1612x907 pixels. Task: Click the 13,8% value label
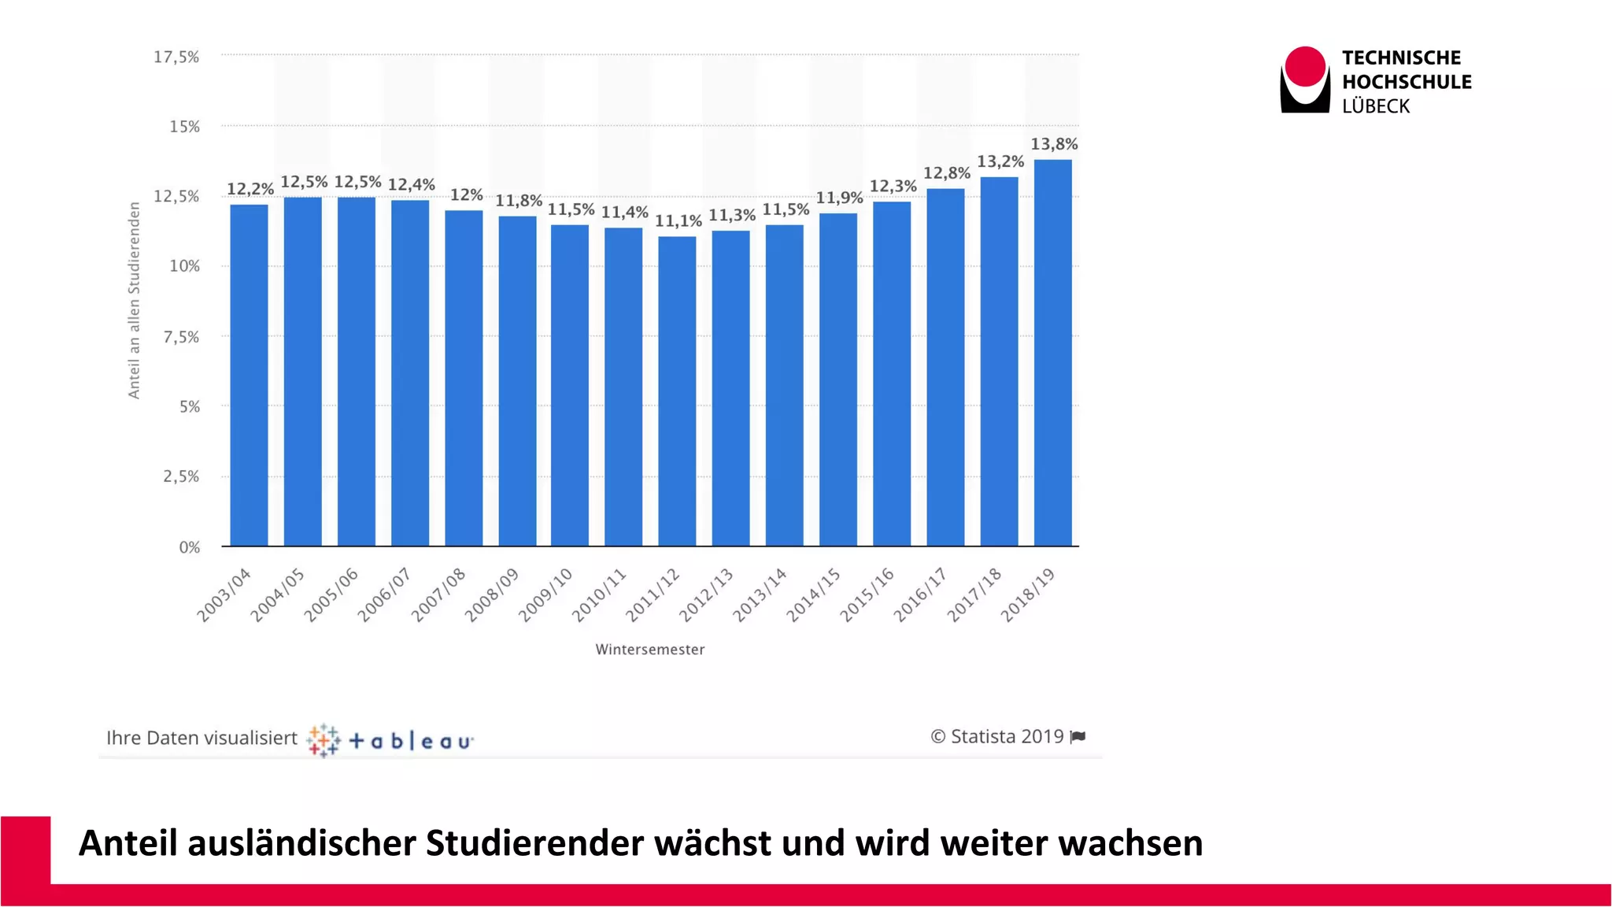[1054, 144]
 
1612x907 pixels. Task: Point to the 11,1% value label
[678, 221]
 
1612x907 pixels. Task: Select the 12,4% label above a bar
[411, 185]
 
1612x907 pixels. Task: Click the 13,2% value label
[1000, 162]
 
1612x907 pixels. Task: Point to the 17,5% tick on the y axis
[176, 57]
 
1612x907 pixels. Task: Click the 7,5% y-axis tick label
[181, 337]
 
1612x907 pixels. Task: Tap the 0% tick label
[189, 547]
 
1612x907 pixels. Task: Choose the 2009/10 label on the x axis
[545, 595]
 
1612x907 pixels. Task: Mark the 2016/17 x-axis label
[920, 595]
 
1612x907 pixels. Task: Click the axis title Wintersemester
[649, 650]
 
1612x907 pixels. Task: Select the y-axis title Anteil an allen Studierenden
[134, 300]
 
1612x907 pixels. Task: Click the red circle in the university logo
[1305, 66]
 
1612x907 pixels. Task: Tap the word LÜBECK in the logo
[1375, 106]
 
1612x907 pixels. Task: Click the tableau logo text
[410, 741]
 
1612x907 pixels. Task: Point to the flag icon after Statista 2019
[1078, 737]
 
